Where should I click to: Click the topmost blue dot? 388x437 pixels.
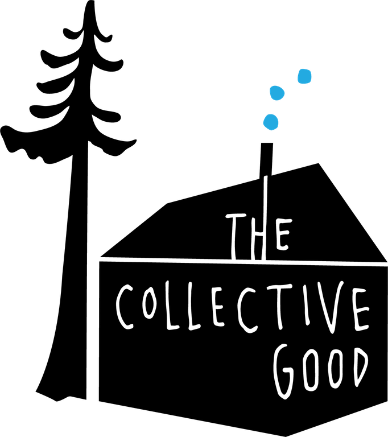click(x=304, y=76)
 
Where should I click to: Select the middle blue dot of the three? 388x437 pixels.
click(x=276, y=93)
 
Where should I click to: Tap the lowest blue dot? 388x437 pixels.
click(x=271, y=122)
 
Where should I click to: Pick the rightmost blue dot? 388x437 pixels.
click(x=304, y=76)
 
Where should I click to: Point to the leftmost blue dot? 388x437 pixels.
click(x=271, y=122)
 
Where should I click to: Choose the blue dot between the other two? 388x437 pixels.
click(x=276, y=93)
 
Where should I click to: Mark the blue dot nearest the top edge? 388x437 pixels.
click(x=304, y=76)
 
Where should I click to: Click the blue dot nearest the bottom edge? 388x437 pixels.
click(x=271, y=122)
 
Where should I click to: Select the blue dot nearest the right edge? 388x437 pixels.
click(x=304, y=76)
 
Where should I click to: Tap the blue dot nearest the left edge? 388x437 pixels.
click(x=271, y=122)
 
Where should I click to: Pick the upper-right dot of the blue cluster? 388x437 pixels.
click(x=304, y=76)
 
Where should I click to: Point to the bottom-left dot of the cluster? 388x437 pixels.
click(x=271, y=122)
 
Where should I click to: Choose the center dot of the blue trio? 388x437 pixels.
click(x=276, y=93)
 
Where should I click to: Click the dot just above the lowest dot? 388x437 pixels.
click(x=276, y=93)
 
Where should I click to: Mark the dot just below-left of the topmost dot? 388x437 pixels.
click(x=276, y=93)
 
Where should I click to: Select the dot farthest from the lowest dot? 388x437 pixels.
click(x=304, y=76)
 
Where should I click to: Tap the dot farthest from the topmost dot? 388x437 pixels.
click(x=271, y=122)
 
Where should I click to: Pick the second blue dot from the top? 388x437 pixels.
click(x=276, y=93)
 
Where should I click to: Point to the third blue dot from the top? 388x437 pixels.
click(x=271, y=122)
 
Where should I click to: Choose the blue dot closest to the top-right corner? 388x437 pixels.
click(x=304, y=76)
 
